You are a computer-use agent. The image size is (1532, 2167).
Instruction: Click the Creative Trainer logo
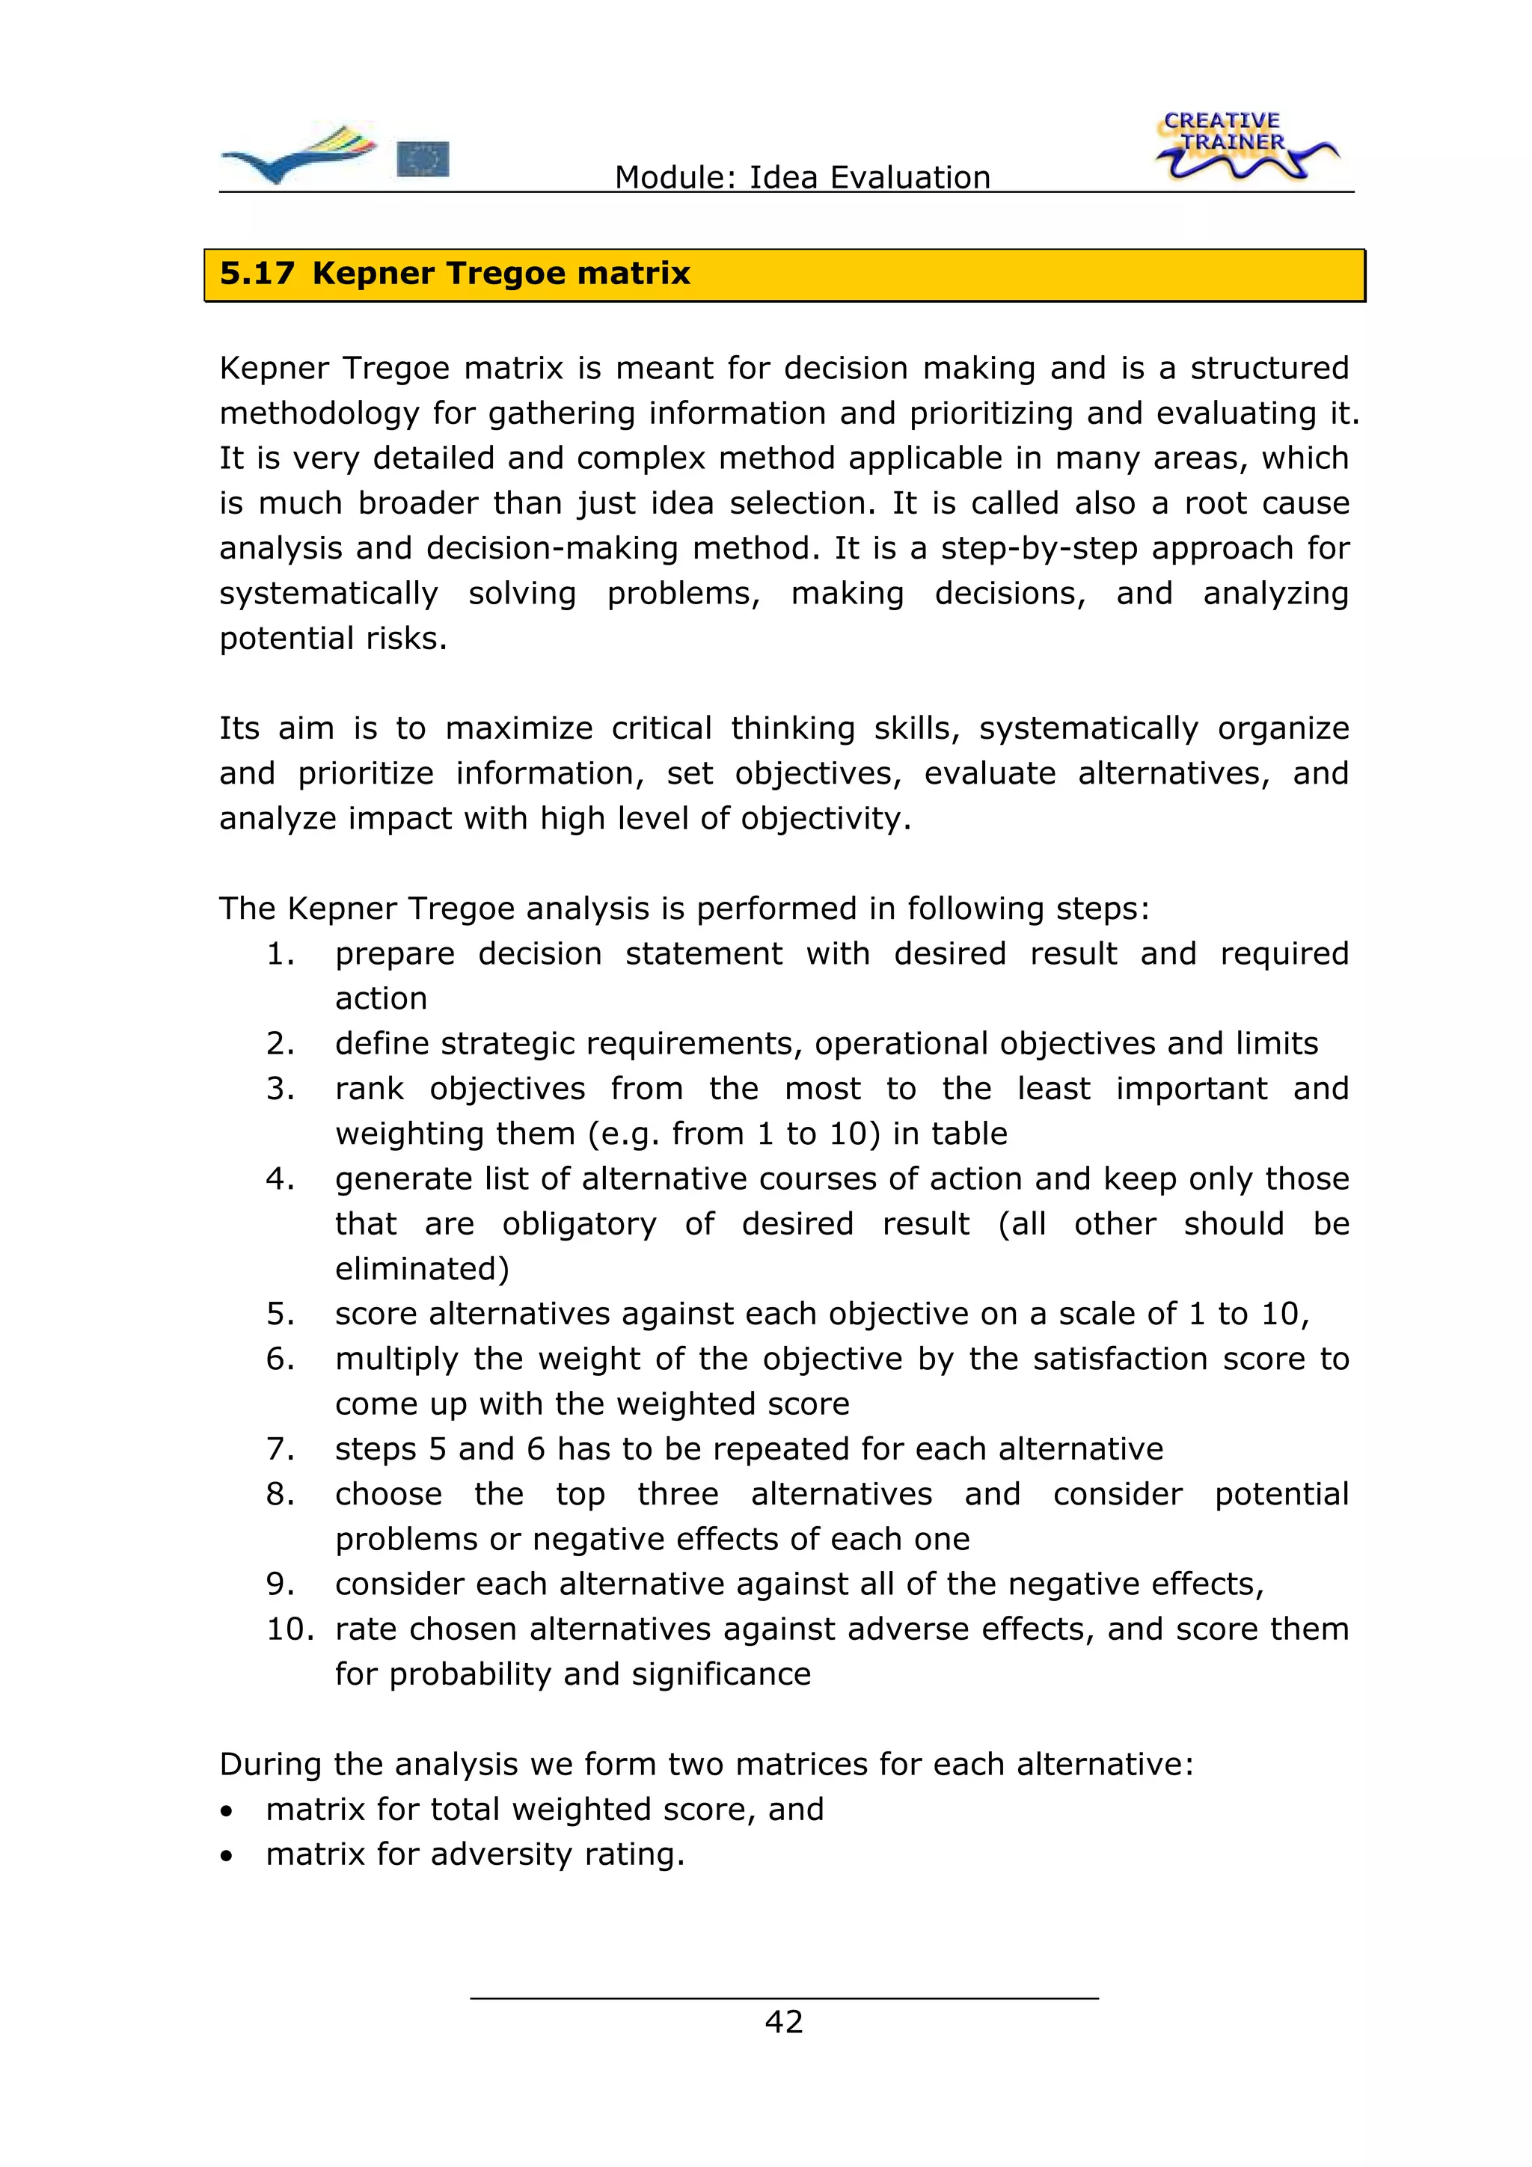[1244, 147]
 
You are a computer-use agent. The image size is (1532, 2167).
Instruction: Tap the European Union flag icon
[423, 159]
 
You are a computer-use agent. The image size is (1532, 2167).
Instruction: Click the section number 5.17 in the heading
[257, 274]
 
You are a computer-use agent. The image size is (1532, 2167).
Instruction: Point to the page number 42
[783, 2022]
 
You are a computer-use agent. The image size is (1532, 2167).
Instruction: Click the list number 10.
[289, 1629]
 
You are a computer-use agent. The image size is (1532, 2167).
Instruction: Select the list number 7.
[281, 1448]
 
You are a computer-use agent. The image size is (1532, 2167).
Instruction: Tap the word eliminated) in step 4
[422, 1268]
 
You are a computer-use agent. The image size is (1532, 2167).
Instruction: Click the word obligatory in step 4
[579, 1224]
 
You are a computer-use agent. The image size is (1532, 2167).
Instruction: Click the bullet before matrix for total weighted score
[226, 1811]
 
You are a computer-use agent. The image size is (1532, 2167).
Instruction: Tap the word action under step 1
[382, 998]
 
